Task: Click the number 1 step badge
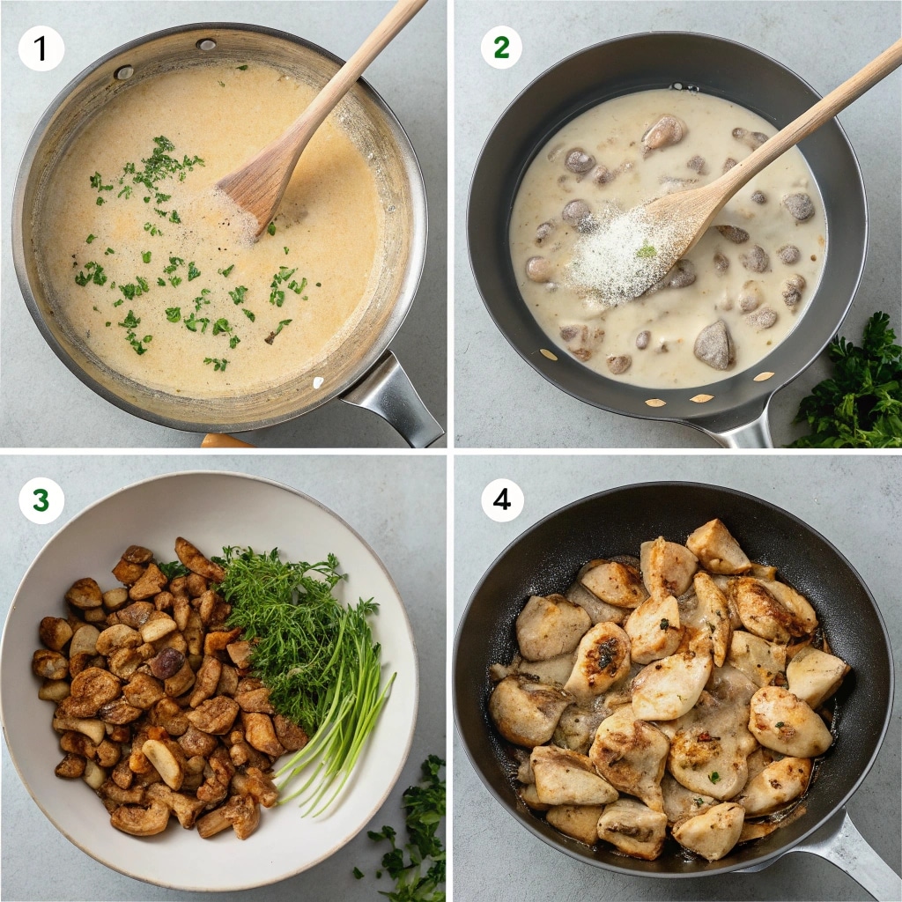point(41,48)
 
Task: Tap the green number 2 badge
point(501,48)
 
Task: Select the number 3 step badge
point(41,501)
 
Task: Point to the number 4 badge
point(501,500)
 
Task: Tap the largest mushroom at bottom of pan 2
point(713,344)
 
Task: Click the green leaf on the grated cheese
point(647,252)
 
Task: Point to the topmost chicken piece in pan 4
point(717,545)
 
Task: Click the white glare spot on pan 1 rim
point(318,382)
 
